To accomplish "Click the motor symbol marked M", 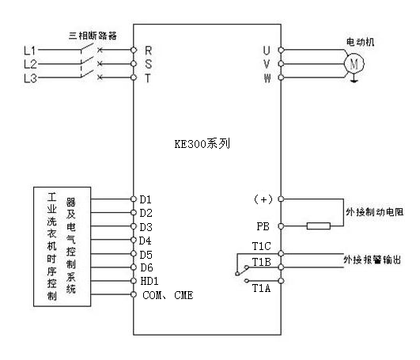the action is pos(354,64).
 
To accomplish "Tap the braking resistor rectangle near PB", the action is pos(319,225).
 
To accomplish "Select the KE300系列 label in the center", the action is pos(202,144).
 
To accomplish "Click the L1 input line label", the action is pos(30,50).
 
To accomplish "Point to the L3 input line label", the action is pos(30,78).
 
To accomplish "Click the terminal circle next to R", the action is pos(134,50).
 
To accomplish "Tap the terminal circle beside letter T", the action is pos(134,78).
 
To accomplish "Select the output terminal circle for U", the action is pos(281,50).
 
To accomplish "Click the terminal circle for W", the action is pos(281,78).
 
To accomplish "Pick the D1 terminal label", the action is pos(146,199).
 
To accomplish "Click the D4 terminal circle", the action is pos(134,240).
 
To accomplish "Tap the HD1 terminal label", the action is pos(149,281).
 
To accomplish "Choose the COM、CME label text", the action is pos(168,295).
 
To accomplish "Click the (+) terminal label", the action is pos(263,199).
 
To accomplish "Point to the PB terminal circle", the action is pos(281,226).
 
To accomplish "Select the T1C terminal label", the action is pos(262,246).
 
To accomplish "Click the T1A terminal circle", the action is pos(281,281).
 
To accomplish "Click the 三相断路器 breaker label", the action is pos(93,36).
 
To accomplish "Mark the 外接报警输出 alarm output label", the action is pos(373,260).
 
